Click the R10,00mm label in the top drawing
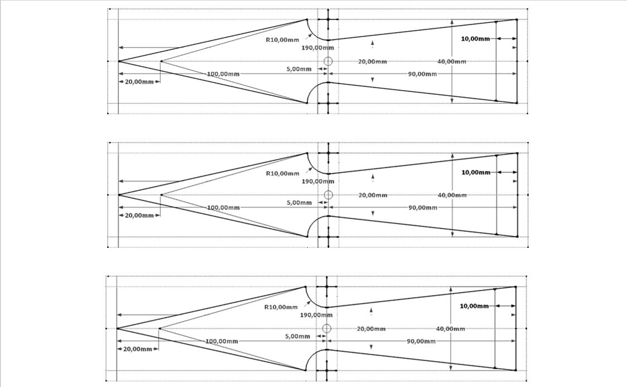point(282,40)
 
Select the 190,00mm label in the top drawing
point(317,48)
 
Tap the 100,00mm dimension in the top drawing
point(223,74)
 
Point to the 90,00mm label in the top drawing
point(422,74)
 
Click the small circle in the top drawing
point(328,57)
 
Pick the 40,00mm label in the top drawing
point(452,62)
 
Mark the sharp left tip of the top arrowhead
point(119,61)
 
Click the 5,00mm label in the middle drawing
point(299,203)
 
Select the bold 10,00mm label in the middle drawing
point(476,173)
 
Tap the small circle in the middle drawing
point(329,190)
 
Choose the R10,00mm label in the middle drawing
point(283,174)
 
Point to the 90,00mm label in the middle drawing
point(423,208)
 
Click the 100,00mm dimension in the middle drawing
point(224,208)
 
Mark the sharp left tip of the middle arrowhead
point(119,195)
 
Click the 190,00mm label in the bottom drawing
point(316,315)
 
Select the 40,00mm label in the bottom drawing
point(451,329)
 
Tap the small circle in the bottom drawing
point(327,325)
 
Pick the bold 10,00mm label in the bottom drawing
point(474,306)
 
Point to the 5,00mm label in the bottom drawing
point(297,336)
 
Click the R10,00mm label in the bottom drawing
point(281,307)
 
